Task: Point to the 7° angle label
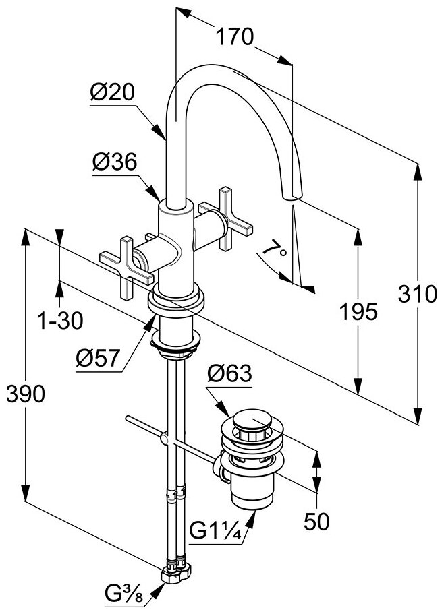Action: coord(275,251)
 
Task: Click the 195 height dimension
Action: coord(358,311)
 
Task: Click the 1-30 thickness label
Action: coord(60,321)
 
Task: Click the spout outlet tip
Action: coord(292,196)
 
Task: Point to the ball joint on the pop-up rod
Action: coord(164,440)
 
